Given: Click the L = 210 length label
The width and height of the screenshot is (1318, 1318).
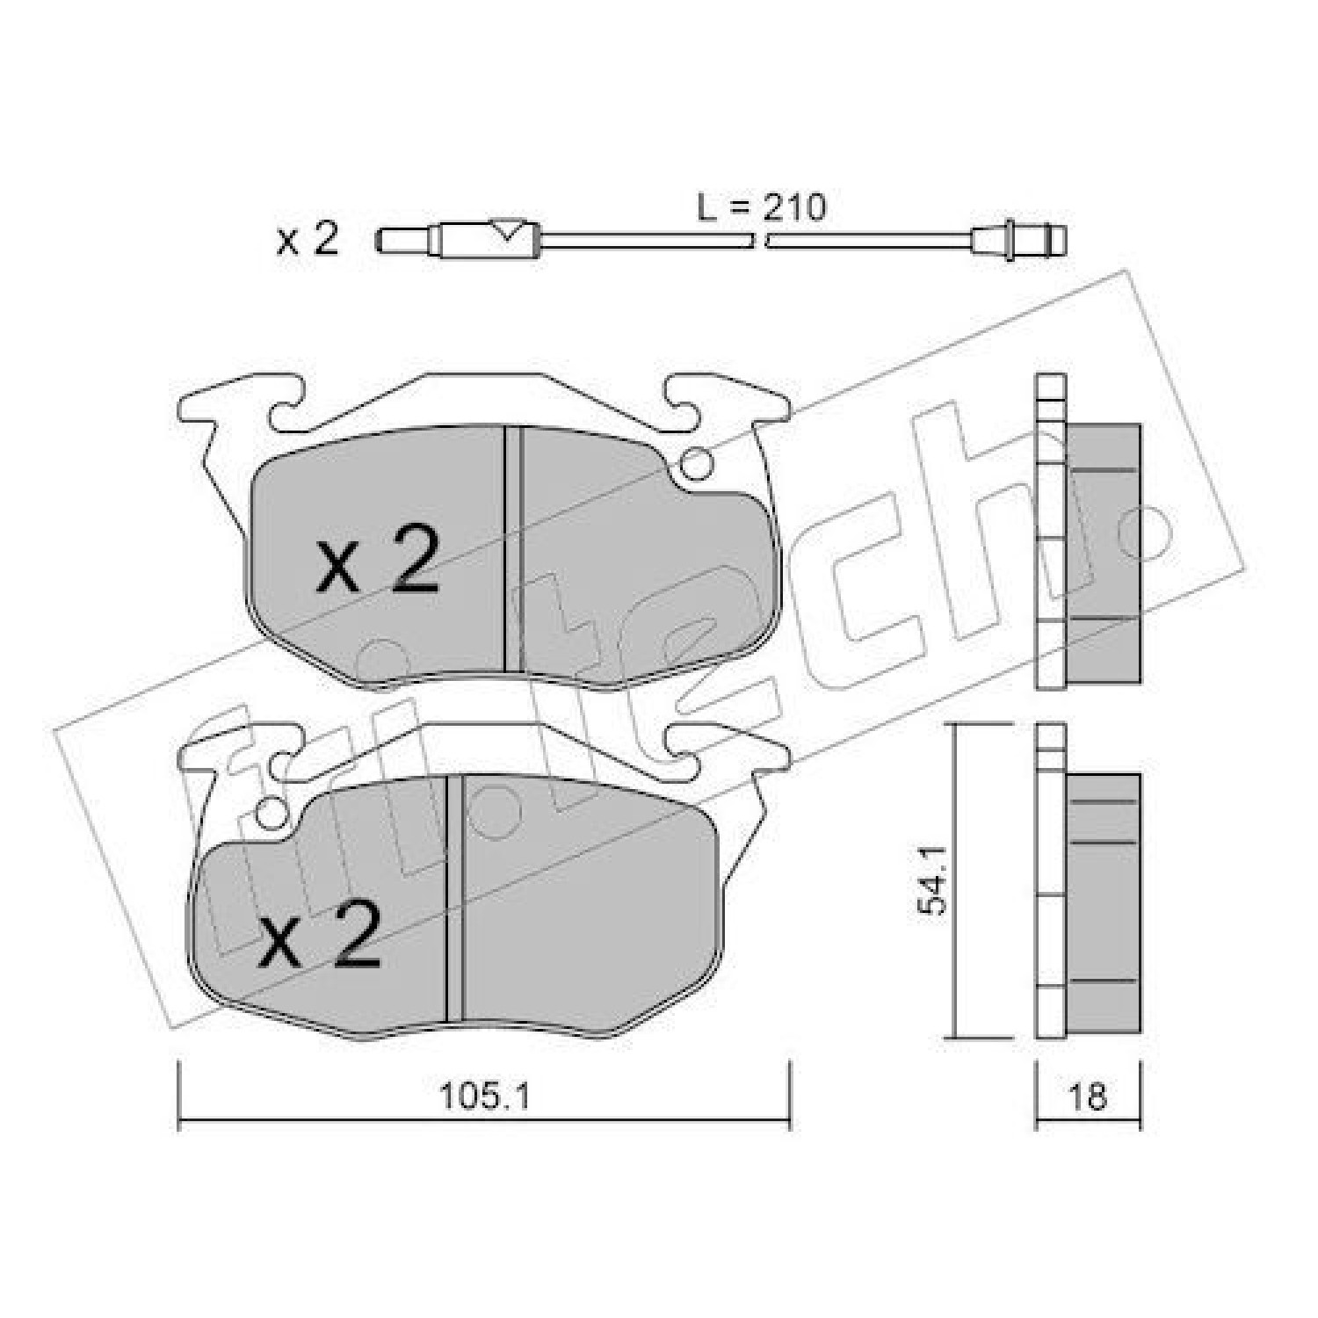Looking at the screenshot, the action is click(x=761, y=208).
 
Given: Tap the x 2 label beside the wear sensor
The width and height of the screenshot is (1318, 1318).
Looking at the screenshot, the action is click(x=307, y=239).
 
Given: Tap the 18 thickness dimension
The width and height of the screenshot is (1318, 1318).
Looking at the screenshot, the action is click(x=1088, y=1097).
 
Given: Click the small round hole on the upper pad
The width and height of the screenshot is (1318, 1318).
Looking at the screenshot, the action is click(x=699, y=463).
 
